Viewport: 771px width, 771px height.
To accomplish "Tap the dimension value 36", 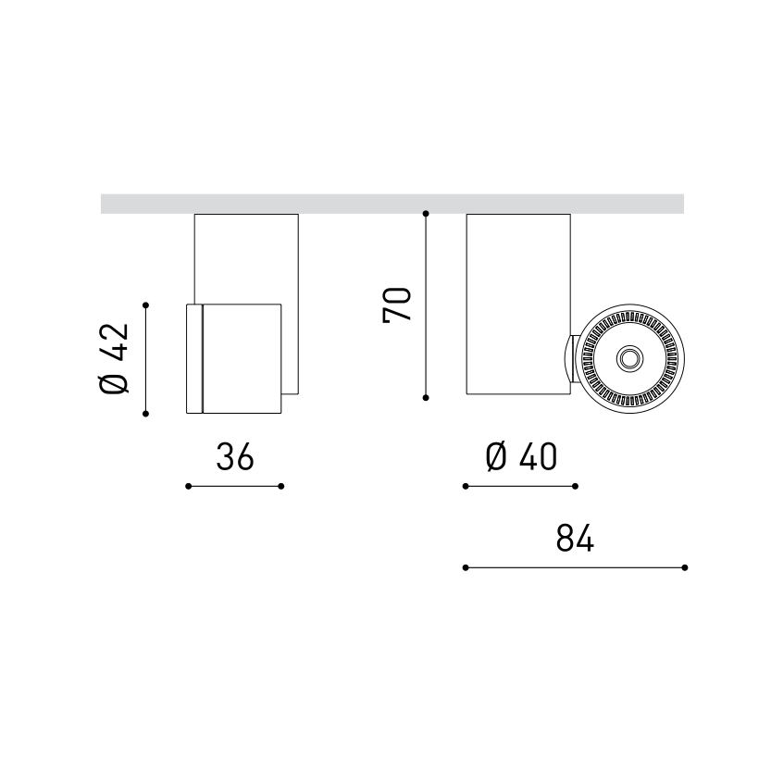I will (235, 456).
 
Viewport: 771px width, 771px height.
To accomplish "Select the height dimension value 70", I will (398, 305).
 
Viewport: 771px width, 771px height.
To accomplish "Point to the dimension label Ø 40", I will (521, 456).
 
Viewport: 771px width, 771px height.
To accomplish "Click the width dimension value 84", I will (575, 538).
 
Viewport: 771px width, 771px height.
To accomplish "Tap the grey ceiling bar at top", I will (392, 204).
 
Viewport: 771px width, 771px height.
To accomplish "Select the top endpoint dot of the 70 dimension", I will (426, 214).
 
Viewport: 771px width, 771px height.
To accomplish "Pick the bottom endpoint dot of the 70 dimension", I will (426, 397).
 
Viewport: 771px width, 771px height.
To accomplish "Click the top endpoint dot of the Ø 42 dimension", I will (146, 304).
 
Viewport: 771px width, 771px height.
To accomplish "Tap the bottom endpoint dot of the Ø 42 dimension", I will (146, 414).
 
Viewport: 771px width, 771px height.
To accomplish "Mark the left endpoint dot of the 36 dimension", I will (188, 486).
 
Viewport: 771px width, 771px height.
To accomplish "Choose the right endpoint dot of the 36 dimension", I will (281, 486).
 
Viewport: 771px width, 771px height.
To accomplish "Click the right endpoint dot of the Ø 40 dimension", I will (576, 486).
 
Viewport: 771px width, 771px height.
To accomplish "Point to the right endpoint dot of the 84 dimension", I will (685, 567).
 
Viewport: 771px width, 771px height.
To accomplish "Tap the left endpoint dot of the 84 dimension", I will (466, 567).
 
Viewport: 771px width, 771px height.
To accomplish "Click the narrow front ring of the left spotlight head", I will (194, 358).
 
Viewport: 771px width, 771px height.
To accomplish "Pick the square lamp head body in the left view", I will (242, 358).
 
